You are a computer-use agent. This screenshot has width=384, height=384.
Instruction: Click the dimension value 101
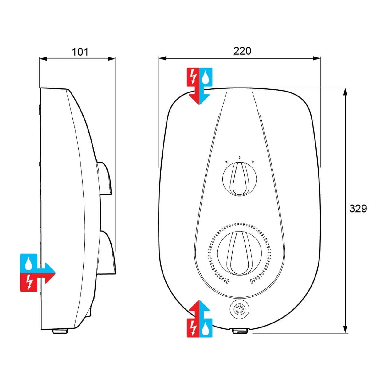tap(80, 52)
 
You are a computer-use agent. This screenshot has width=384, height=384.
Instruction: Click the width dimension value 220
tap(242, 51)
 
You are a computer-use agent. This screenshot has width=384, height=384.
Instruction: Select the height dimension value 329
tap(358, 209)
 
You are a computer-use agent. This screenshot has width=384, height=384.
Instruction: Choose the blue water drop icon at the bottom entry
tap(206, 328)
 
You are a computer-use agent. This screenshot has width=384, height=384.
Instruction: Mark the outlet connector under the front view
tap(241, 331)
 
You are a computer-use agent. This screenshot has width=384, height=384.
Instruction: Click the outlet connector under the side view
tap(60, 331)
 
